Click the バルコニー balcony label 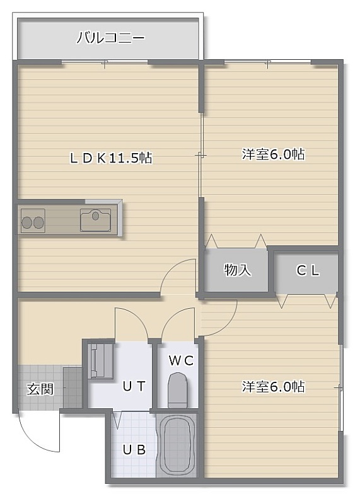(110, 38)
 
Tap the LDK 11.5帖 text (111, 158)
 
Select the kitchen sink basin (96, 220)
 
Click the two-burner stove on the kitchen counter (33, 220)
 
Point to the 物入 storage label (238, 270)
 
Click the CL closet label (308, 271)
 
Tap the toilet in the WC (178, 390)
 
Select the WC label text (182, 360)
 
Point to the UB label (134, 450)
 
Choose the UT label (134, 386)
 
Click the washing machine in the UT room (100, 360)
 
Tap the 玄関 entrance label (40, 389)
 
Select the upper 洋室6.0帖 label (273, 154)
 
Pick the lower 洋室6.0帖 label (273, 386)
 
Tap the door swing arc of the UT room (137, 314)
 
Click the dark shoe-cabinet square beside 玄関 (73, 387)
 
